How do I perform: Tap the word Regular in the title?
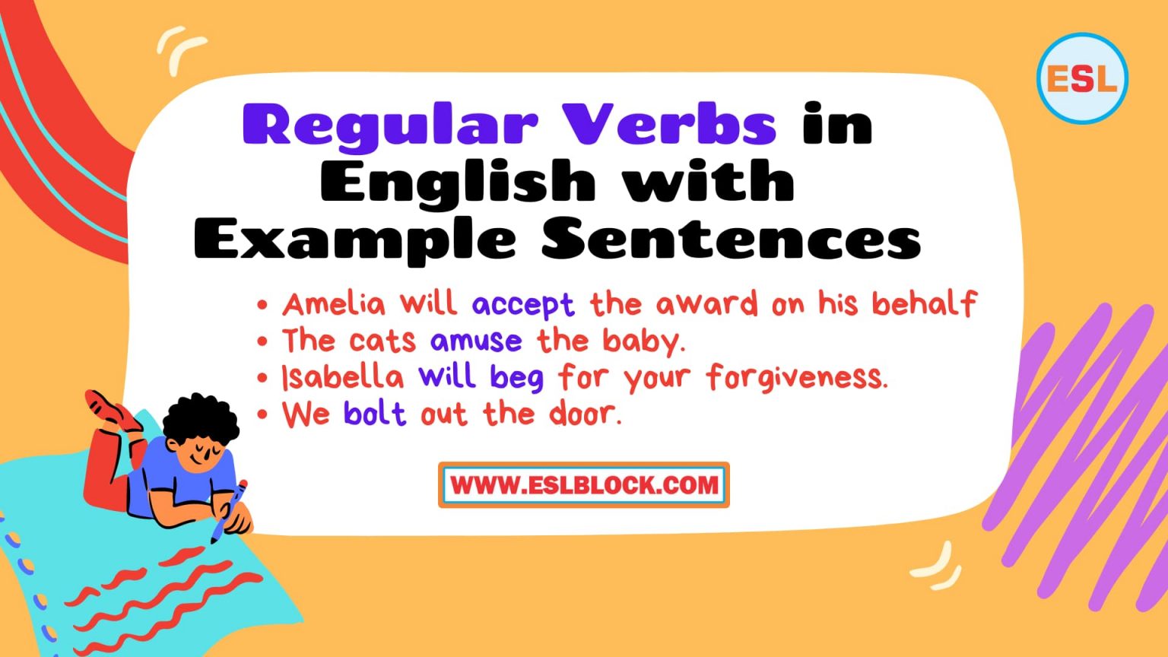(x=390, y=125)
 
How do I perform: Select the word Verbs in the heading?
(x=670, y=124)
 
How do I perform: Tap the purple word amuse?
(x=476, y=341)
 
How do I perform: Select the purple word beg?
(x=516, y=378)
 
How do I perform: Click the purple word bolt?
(x=375, y=414)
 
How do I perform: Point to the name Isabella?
(x=342, y=377)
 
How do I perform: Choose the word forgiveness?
(x=796, y=377)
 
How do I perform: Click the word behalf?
(x=924, y=304)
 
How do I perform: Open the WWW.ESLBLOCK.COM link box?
(x=584, y=485)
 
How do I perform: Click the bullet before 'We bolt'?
(x=262, y=415)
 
